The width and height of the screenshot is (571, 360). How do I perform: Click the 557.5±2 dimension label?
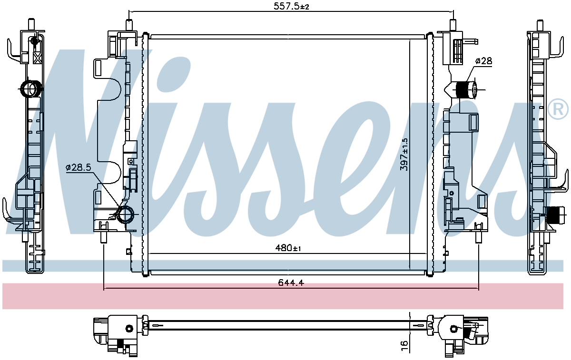[291, 6]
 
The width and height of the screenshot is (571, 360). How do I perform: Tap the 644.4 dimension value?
[291, 282]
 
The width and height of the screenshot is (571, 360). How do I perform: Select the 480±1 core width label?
[288, 248]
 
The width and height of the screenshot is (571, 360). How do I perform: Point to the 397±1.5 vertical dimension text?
[404, 155]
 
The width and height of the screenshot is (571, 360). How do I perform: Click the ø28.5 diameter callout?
[78, 167]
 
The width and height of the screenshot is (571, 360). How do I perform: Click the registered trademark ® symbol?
[558, 109]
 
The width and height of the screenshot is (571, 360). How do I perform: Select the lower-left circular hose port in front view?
[126, 215]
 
